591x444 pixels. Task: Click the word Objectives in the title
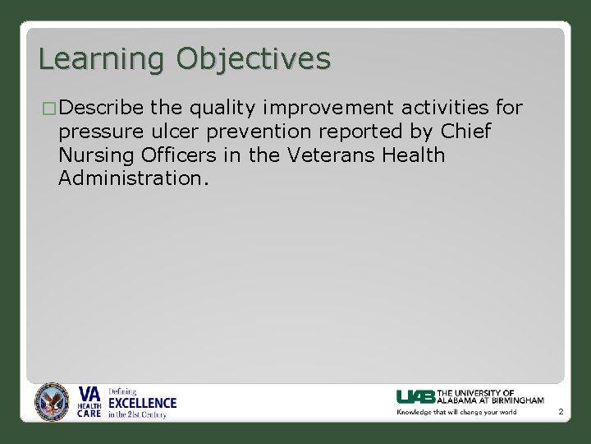tap(253, 59)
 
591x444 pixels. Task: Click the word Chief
tap(465, 132)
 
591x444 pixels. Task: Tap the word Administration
tap(134, 179)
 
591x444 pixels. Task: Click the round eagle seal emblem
tap(53, 403)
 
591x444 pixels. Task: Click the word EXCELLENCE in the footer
tap(143, 403)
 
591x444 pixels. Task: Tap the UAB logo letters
tap(415, 396)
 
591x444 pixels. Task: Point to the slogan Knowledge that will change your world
tap(456, 412)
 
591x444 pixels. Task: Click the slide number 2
tap(560, 411)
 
